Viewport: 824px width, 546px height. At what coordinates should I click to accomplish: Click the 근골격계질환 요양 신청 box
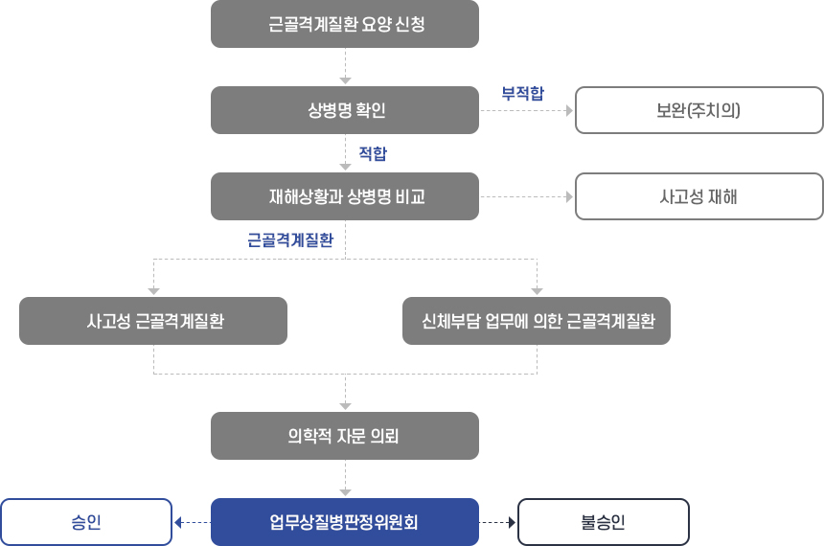(345, 24)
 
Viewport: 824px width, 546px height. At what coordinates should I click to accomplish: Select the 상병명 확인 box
(345, 110)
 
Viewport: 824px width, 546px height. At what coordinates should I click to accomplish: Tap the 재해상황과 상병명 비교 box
(345, 196)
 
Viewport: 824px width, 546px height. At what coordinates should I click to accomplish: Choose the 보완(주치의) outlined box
(698, 110)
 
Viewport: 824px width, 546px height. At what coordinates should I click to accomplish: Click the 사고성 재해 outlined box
(698, 196)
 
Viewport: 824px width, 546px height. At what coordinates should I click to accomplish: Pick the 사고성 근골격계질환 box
(153, 321)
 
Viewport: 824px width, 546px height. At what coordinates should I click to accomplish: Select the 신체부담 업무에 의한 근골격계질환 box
(537, 321)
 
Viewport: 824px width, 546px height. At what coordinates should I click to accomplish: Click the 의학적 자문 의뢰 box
(345, 436)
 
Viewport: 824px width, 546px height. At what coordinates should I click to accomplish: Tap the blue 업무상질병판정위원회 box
(345, 522)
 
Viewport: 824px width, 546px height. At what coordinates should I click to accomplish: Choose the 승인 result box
(86, 522)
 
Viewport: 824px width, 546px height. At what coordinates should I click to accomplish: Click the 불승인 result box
(604, 522)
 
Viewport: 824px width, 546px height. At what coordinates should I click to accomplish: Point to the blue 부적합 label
(523, 94)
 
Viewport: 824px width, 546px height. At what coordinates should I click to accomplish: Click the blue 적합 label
(373, 153)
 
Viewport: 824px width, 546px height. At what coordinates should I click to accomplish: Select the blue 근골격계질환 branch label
(290, 240)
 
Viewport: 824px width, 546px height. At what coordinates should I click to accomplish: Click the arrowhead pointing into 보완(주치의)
(569, 111)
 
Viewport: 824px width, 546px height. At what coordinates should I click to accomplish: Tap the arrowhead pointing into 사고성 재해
(569, 197)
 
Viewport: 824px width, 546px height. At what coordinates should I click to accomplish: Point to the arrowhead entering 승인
(178, 522)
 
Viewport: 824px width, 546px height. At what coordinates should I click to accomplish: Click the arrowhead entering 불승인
(512, 522)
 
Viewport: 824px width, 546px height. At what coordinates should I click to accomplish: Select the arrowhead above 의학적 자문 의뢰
(345, 406)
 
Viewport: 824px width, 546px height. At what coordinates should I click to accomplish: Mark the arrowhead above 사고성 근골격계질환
(153, 291)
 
